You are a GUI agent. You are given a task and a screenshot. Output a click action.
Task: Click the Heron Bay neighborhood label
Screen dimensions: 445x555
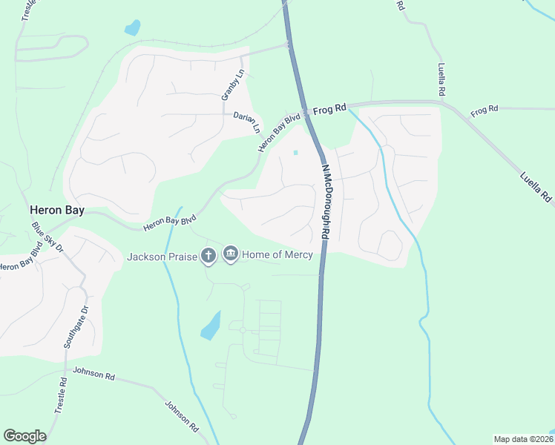coord(56,211)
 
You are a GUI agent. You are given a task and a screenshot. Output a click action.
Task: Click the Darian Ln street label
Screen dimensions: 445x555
coord(247,122)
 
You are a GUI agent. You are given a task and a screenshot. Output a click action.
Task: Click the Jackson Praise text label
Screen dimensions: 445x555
coord(162,257)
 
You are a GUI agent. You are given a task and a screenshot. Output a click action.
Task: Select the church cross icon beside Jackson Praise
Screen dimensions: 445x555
coord(208,256)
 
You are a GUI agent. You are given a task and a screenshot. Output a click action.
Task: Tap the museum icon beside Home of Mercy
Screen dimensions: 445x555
coord(231,255)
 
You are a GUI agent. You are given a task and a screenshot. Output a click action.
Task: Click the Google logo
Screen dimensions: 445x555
coord(24,436)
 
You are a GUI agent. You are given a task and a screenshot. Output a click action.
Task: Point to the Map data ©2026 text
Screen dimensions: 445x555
coord(522,439)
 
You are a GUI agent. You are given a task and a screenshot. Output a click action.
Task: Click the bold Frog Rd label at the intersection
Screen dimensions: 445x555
coord(330,109)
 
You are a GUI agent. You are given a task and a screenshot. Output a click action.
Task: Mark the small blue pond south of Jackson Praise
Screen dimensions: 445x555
coord(211,326)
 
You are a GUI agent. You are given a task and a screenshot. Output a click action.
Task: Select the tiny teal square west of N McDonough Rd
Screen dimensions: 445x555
coord(296,154)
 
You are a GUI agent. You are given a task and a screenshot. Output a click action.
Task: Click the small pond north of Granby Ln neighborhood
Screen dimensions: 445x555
coord(132,28)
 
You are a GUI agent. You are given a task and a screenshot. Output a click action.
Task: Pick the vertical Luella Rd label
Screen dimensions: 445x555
coord(441,80)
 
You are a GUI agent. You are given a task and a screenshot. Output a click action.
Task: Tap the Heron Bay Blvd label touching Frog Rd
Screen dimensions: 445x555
coord(280,132)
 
